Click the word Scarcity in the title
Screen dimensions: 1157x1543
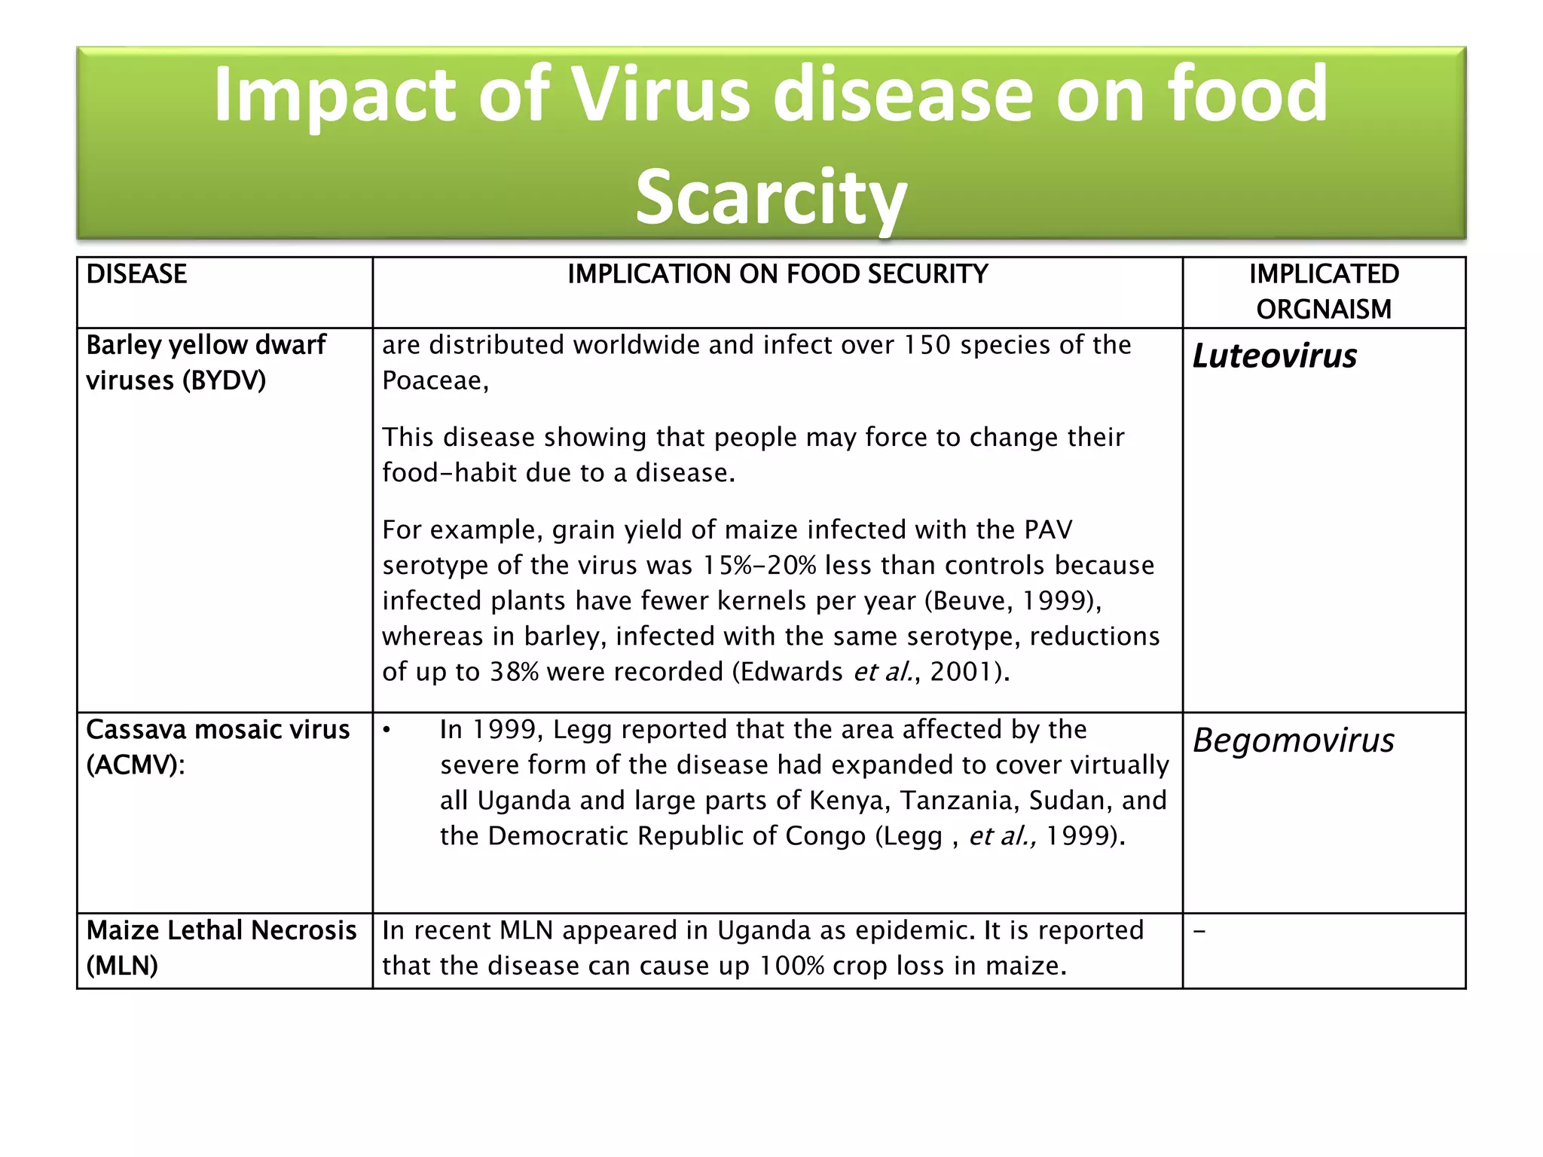pos(771,197)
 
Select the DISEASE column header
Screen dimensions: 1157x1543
pos(136,274)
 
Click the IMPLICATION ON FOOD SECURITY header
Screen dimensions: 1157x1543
pos(778,274)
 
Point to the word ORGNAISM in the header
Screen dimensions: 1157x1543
pos(1324,310)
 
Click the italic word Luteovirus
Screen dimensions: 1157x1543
pos(1275,356)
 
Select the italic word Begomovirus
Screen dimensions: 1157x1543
pos(1294,740)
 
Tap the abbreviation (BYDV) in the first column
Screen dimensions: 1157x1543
pos(224,381)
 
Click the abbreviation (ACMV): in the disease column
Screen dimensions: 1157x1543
pos(136,765)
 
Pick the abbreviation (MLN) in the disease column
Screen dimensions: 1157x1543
pos(122,966)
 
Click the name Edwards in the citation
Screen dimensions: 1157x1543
pos(791,672)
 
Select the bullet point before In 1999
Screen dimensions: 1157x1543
pos(387,730)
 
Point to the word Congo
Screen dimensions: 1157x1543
pos(826,836)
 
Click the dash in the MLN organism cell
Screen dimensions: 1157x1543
pos(1199,932)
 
